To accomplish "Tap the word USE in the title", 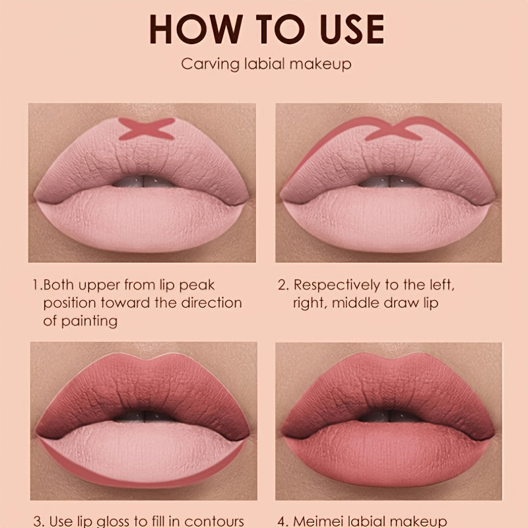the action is point(352,29).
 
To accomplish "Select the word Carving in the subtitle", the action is point(210,64).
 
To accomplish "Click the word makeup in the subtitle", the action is point(320,64).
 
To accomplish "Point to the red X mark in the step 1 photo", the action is point(147,129).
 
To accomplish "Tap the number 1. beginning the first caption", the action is point(38,285).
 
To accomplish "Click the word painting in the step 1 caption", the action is point(89,321).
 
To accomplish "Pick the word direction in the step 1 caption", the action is point(211,303).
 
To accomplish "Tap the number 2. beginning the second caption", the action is point(284,285).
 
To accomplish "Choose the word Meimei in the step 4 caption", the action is point(317,521).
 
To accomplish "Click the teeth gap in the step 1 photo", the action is point(143,181).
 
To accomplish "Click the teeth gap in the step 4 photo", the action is point(389,416).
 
